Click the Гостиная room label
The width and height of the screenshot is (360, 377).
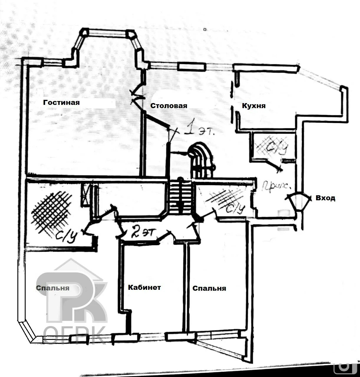(61, 102)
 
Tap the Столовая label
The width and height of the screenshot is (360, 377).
(169, 106)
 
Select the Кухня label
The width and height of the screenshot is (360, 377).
(254, 106)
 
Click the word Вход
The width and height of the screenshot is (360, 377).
(325, 198)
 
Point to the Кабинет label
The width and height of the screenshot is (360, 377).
(144, 287)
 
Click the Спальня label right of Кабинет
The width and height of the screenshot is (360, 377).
(209, 288)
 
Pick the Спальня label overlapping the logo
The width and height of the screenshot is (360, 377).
(53, 288)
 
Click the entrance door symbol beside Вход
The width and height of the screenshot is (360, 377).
(298, 201)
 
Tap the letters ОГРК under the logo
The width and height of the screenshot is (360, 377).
(75, 334)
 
